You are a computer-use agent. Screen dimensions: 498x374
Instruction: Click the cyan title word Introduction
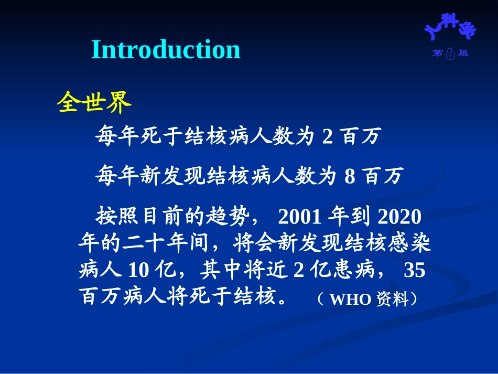pos(166,49)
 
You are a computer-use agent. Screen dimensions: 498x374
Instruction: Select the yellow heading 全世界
pos(94,102)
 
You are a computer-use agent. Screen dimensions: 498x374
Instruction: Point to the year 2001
pos(299,217)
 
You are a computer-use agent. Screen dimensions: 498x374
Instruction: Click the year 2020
pos(399,217)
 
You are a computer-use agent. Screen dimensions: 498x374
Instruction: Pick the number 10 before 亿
pos(138,270)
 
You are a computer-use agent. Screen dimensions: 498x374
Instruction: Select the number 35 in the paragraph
pos(415,270)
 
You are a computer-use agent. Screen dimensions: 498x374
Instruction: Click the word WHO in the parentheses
pos(350,299)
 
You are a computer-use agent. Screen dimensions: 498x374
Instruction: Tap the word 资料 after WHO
pos(392,299)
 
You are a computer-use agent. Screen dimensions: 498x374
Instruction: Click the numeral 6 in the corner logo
pos(450,54)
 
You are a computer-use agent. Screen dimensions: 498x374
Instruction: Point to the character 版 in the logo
pos(463,53)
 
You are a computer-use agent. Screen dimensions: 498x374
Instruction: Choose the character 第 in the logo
pos(437,53)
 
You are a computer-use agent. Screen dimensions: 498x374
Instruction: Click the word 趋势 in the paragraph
pos(228,216)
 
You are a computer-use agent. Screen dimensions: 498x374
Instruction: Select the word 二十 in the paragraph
pos(144,243)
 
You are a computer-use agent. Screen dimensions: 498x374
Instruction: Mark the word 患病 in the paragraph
pos(353,270)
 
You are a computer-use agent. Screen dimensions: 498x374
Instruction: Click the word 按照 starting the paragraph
pos(117,216)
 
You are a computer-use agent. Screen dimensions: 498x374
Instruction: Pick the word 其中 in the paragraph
pos(221,270)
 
